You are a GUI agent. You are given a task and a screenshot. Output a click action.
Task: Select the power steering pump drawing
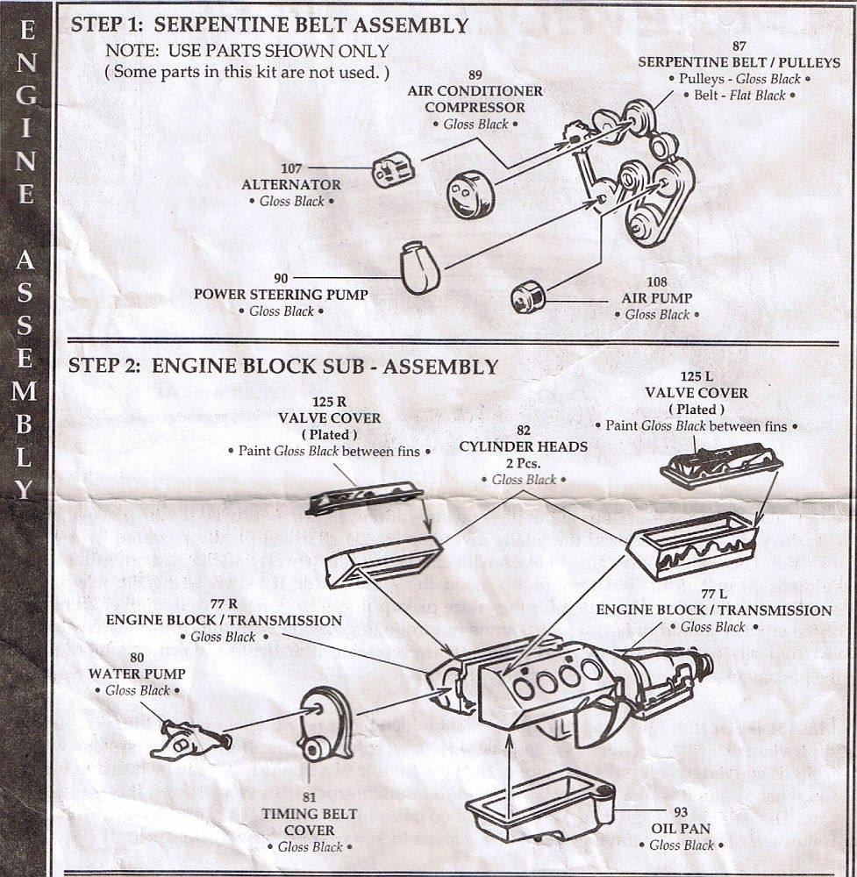[x=419, y=267]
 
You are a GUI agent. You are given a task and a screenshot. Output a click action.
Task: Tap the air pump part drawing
[x=528, y=297]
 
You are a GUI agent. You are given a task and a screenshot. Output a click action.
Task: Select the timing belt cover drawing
[x=325, y=724]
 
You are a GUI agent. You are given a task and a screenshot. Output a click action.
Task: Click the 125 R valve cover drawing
[x=364, y=497]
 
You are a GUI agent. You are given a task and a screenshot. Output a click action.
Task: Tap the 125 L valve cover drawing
[x=721, y=464]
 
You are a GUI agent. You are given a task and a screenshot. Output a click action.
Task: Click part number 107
[x=292, y=168]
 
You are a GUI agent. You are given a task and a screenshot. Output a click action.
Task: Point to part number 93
[x=681, y=811]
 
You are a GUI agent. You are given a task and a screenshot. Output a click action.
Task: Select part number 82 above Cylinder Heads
[x=524, y=430]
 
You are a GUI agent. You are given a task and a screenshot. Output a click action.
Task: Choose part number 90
[x=281, y=279]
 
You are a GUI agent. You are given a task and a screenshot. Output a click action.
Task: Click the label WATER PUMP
[x=137, y=674]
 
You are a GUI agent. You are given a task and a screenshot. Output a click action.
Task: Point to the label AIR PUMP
[x=657, y=298]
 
